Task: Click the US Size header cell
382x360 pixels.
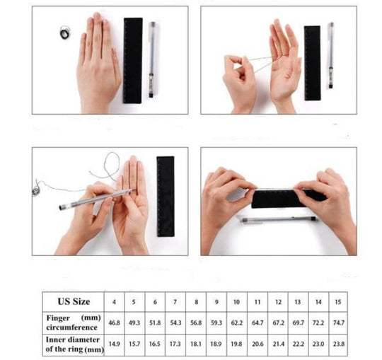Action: [x=74, y=301]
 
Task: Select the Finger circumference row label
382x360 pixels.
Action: [x=74, y=323]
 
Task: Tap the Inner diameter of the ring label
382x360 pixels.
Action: [x=74, y=344]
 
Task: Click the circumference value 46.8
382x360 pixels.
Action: [x=115, y=323]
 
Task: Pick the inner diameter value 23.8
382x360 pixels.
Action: [x=339, y=344]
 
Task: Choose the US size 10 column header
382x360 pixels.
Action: [x=236, y=302]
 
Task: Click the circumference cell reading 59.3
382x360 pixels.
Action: [x=216, y=323]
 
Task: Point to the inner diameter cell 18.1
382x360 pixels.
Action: [x=196, y=344]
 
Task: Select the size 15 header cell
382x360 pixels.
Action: [x=337, y=302]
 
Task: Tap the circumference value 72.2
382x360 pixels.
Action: [x=318, y=323]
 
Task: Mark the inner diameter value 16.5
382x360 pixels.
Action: [x=155, y=344]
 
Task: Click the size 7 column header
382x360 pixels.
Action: [x=175, y=302]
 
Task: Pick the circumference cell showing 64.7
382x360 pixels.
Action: [x=257, y=323]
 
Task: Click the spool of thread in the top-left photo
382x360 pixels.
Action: [x=65, y=33]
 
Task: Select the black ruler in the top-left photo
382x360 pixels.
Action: [x=132, y=60]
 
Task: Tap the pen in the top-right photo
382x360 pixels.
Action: [x=330, y=55]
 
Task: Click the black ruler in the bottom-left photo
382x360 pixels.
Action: [x=166, y=197]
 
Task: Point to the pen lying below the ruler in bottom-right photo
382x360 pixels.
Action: [x=279, y=219]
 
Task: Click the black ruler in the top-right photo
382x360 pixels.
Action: [x=313, y=63]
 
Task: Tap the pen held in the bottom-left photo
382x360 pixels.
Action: [x=98, y=199]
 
